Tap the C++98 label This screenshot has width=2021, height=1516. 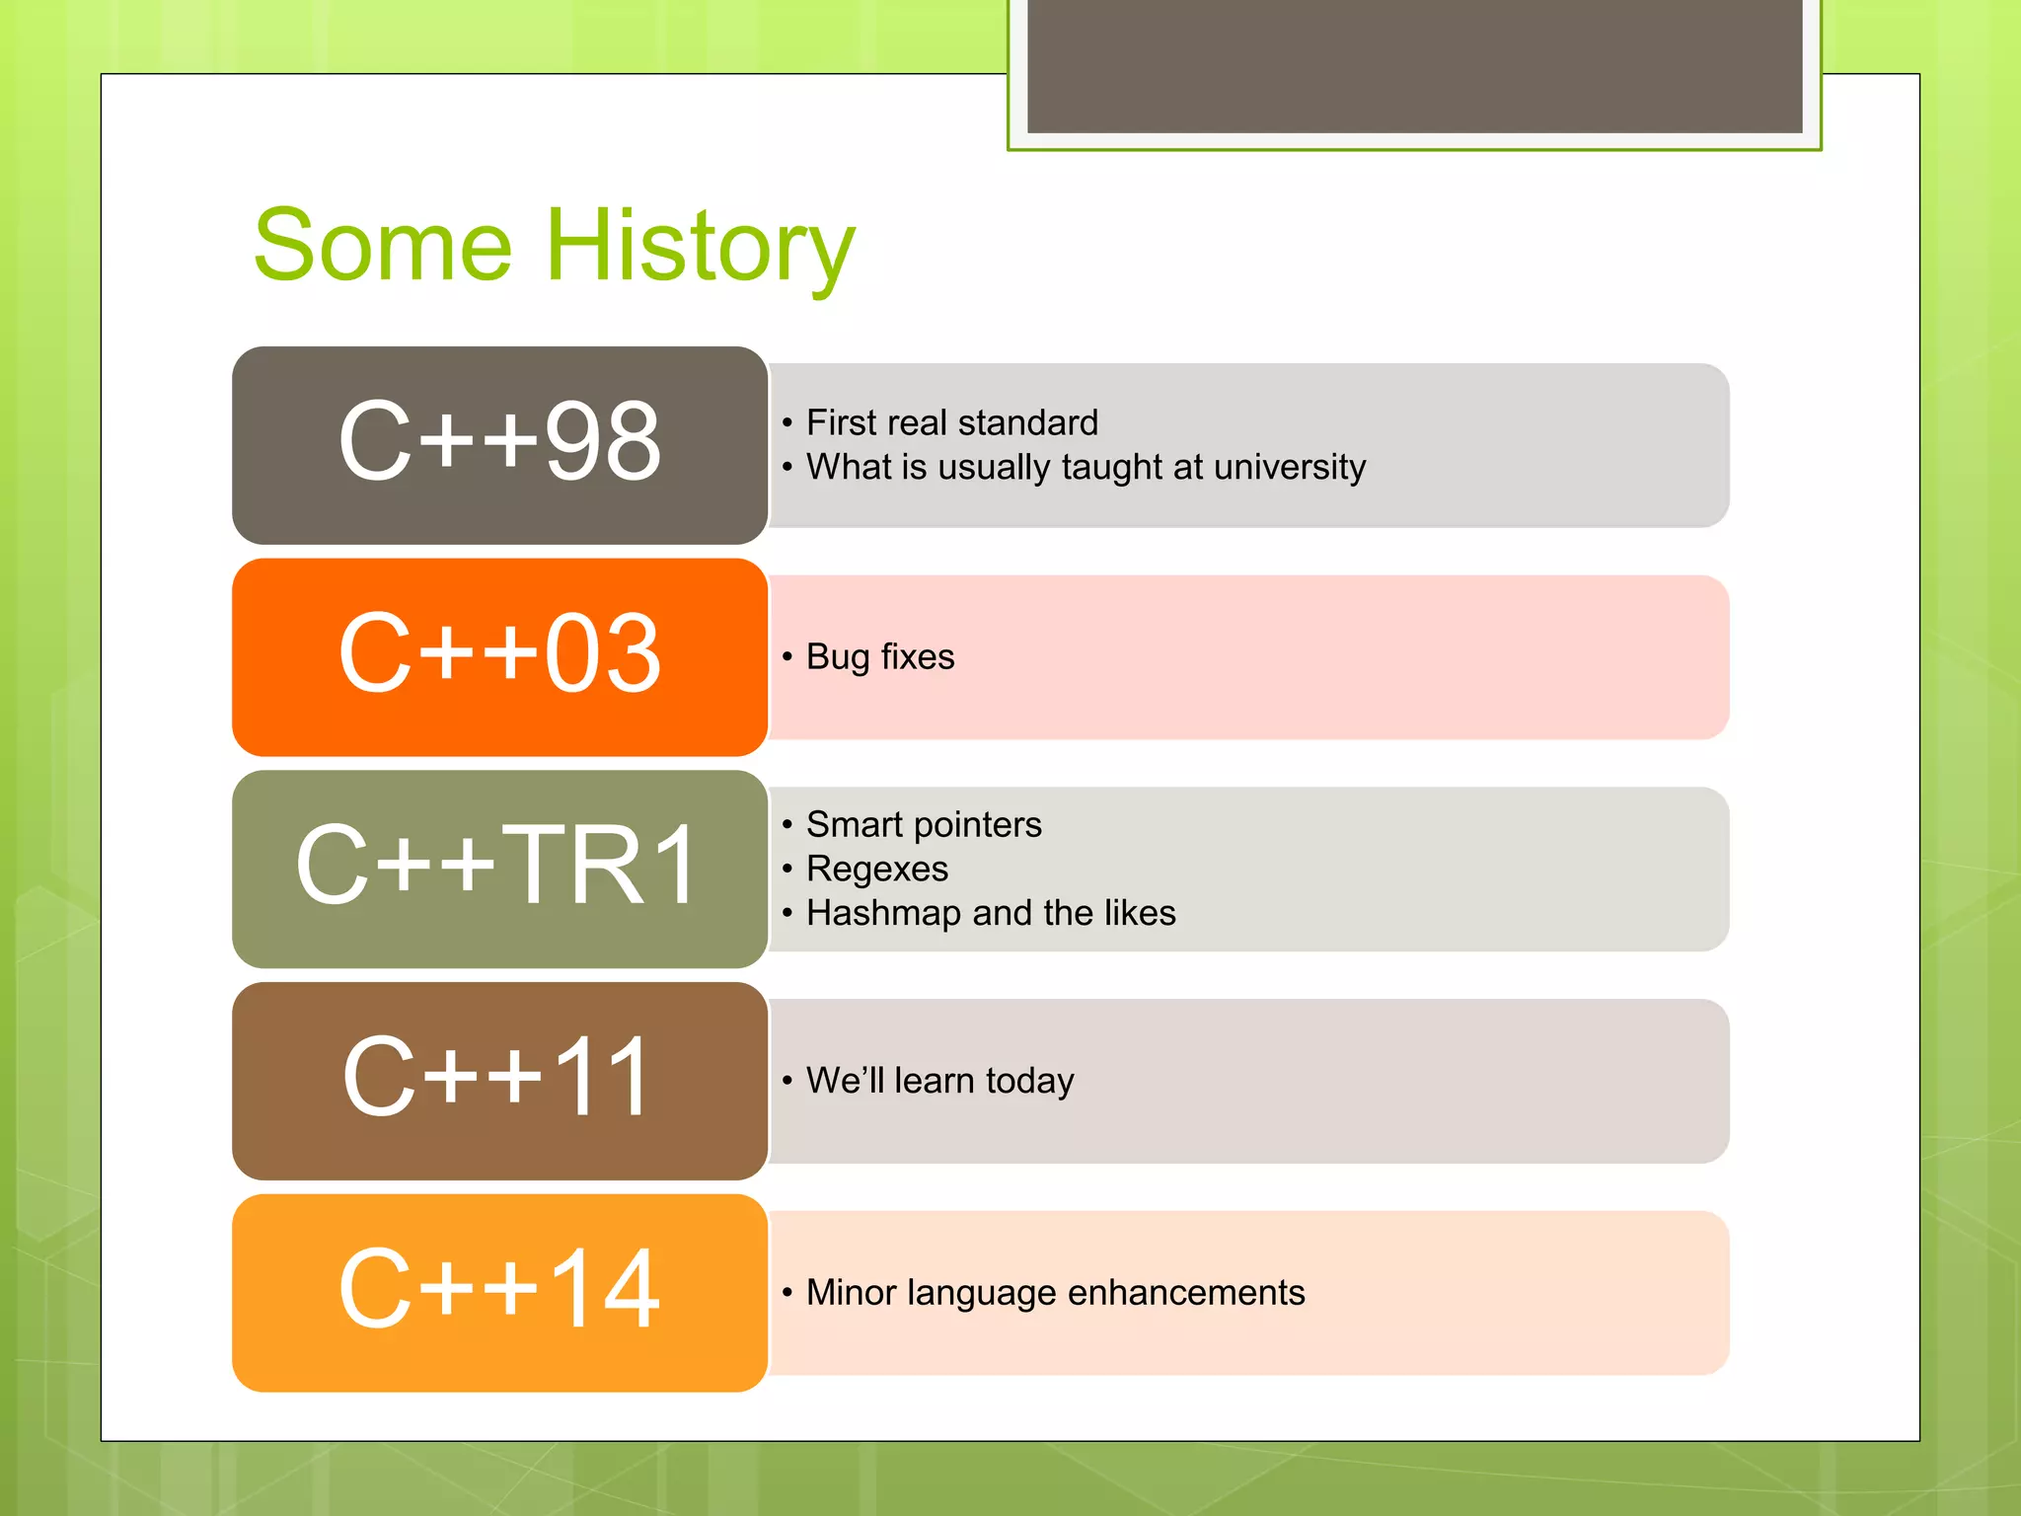tap(499, 442)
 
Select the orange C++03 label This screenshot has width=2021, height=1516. tap(499, 653)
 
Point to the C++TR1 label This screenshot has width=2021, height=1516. tap(499, 866)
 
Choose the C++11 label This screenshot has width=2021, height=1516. tap(499, 1078)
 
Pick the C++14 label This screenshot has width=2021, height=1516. tap(499, 1290)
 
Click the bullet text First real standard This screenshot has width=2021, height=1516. tap(951, 422)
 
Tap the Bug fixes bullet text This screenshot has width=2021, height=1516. tap(880, 657)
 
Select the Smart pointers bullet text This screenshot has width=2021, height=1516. tap(924, 824)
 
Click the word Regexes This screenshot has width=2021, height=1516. tap(877, 869)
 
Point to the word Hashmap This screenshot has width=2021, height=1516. tap(883, 913)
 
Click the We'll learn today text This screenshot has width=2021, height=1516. tap(939, 1081)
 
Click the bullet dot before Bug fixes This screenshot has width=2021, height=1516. tap(787, 657)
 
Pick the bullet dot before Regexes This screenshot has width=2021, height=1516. tap(787, 869)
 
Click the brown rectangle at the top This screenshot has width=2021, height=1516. tap(1414, 65)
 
